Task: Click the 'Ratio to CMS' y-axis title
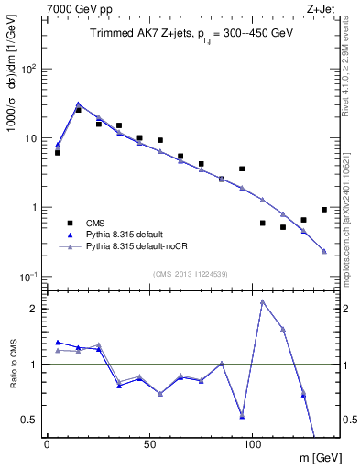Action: (13, 364)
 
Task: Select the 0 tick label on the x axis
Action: (47, 442)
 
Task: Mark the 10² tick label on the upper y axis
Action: (28, 69)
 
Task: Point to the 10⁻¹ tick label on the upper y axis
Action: (27, 277)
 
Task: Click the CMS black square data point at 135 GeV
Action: (324, 209)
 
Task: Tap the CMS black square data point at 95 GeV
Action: (242, 169)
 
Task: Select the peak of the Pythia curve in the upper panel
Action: (78, 104)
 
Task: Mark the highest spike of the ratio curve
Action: (263, 301)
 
